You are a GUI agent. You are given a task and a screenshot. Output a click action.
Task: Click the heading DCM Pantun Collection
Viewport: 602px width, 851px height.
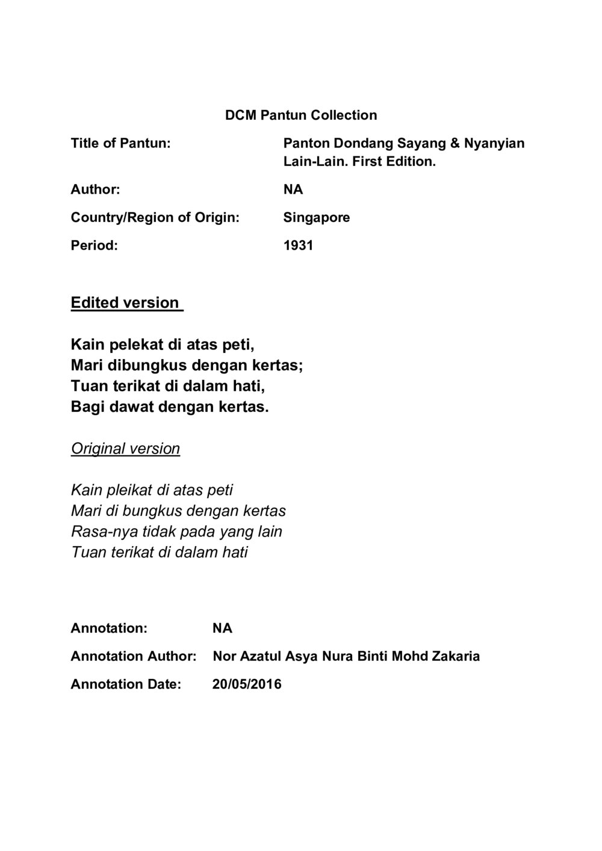point(301,115)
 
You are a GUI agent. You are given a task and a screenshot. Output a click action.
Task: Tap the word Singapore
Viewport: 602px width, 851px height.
point(316,217)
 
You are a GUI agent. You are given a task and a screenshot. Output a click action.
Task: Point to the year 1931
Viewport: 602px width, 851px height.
point(298,245)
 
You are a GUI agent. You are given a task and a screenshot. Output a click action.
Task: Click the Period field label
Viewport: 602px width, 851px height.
point(94,245)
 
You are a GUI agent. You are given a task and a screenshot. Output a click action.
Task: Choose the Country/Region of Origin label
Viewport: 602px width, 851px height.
point(155,217)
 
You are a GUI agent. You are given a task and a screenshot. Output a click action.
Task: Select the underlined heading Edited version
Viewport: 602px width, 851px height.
point(125,303)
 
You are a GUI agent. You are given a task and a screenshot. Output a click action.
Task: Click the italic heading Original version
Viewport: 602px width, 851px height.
point(125,449)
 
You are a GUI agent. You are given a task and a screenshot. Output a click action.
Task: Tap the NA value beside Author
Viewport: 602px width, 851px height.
point(293,189)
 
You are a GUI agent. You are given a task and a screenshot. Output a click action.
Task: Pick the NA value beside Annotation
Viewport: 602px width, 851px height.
point(222,628)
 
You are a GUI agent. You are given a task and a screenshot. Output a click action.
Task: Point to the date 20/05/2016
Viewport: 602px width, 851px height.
point(247,684)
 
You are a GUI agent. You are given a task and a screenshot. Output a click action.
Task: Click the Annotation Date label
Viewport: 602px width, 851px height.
point(126,684)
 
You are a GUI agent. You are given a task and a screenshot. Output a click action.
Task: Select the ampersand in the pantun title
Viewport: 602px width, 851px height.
point(455,143)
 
